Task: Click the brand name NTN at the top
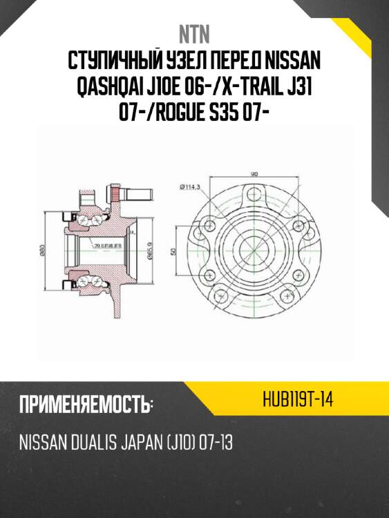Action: click(194, 34)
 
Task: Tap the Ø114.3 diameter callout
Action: click(189, 187)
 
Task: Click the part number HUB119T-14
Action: click(298, 400)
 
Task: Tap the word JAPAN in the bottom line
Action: click(139, 443)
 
